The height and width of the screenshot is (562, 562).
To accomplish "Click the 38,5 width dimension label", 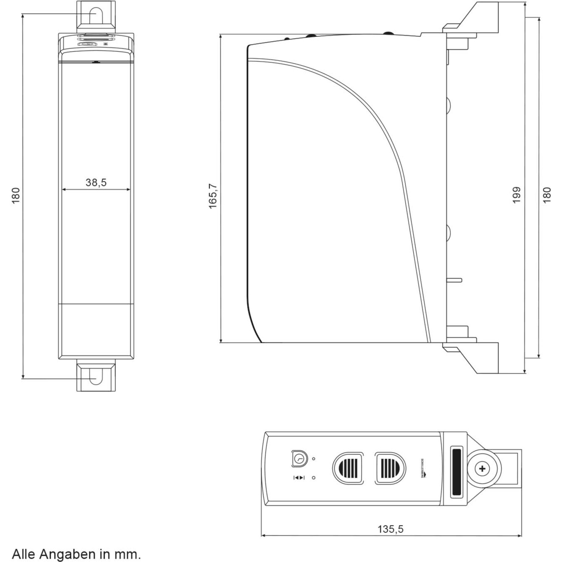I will (x=96, y=182).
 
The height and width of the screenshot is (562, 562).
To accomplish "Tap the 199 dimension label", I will (x=517, y=195).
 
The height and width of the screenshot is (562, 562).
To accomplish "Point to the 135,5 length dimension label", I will (x=390, y=529).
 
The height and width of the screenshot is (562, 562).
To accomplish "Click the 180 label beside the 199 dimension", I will (x=547, y=195).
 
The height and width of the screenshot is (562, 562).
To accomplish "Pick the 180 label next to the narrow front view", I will (x=16, y=196).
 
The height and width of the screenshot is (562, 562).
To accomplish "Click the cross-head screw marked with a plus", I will (x=482, y=469).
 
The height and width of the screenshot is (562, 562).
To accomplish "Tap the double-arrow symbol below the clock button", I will (x=299, y=478).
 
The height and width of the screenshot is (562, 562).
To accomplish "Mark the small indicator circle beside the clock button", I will (x=314, y=459).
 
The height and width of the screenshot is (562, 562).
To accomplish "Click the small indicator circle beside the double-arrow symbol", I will (x=314, y=478).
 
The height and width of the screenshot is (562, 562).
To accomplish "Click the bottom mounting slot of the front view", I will (x=96, y=376).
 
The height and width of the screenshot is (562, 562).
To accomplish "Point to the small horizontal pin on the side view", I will (x=454, y=280).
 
